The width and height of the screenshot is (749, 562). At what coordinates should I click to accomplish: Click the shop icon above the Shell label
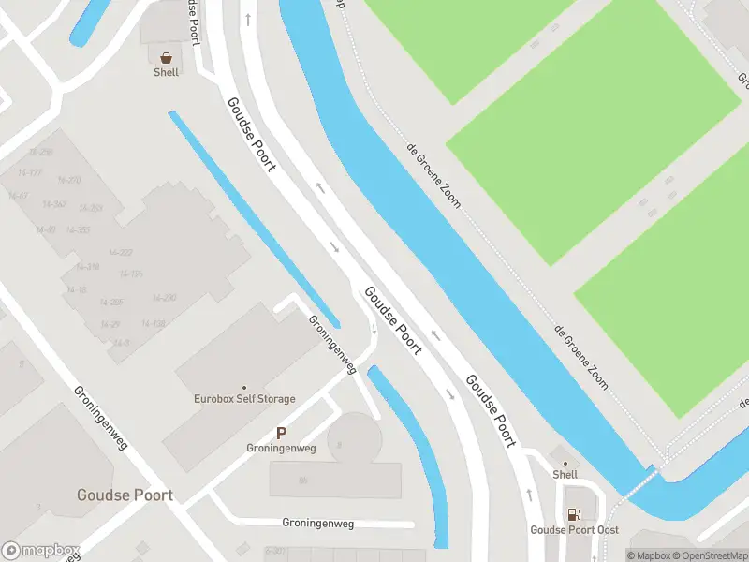point(166,57)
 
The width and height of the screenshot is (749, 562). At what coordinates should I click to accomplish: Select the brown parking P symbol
point(281,433)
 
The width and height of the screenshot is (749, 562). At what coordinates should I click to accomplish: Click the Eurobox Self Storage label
point(244,399)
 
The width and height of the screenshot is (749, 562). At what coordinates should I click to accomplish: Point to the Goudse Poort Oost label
point(575,530)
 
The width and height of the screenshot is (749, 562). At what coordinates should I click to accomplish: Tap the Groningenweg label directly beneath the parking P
point(281,449)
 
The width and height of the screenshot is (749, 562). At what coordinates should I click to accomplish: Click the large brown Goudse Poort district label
point(125,495)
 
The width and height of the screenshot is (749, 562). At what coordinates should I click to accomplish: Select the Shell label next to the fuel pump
point(565,475)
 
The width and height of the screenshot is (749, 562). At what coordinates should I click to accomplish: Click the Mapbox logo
point(41,551)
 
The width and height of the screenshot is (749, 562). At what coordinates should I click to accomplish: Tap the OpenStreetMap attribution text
point(709,556)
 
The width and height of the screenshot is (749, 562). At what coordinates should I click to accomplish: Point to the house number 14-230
point(164,298)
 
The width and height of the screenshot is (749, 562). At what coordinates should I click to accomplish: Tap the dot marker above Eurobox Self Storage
point(244,387)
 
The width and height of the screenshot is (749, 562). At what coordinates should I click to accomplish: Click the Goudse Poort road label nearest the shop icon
point(252,134)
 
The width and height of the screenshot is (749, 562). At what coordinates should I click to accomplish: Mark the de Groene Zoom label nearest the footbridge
point(580,357)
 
